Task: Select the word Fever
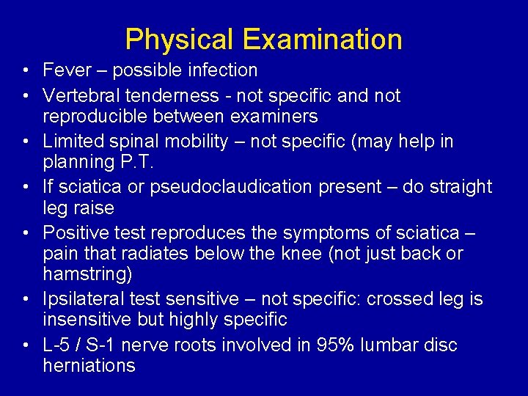(x=66, y=70)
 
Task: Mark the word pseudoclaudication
(x=232, y=187)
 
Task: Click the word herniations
(x=89, y=365)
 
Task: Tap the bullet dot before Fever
(x=26, y=71)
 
